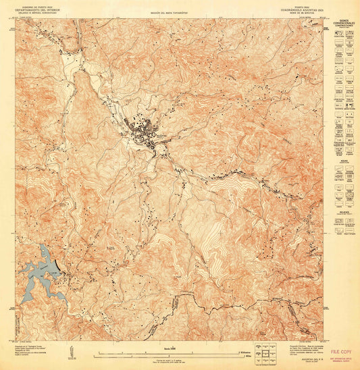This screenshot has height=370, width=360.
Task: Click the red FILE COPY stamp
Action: click(x=342, y=352)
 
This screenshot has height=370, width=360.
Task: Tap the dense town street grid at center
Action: click(x=144, y=131)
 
